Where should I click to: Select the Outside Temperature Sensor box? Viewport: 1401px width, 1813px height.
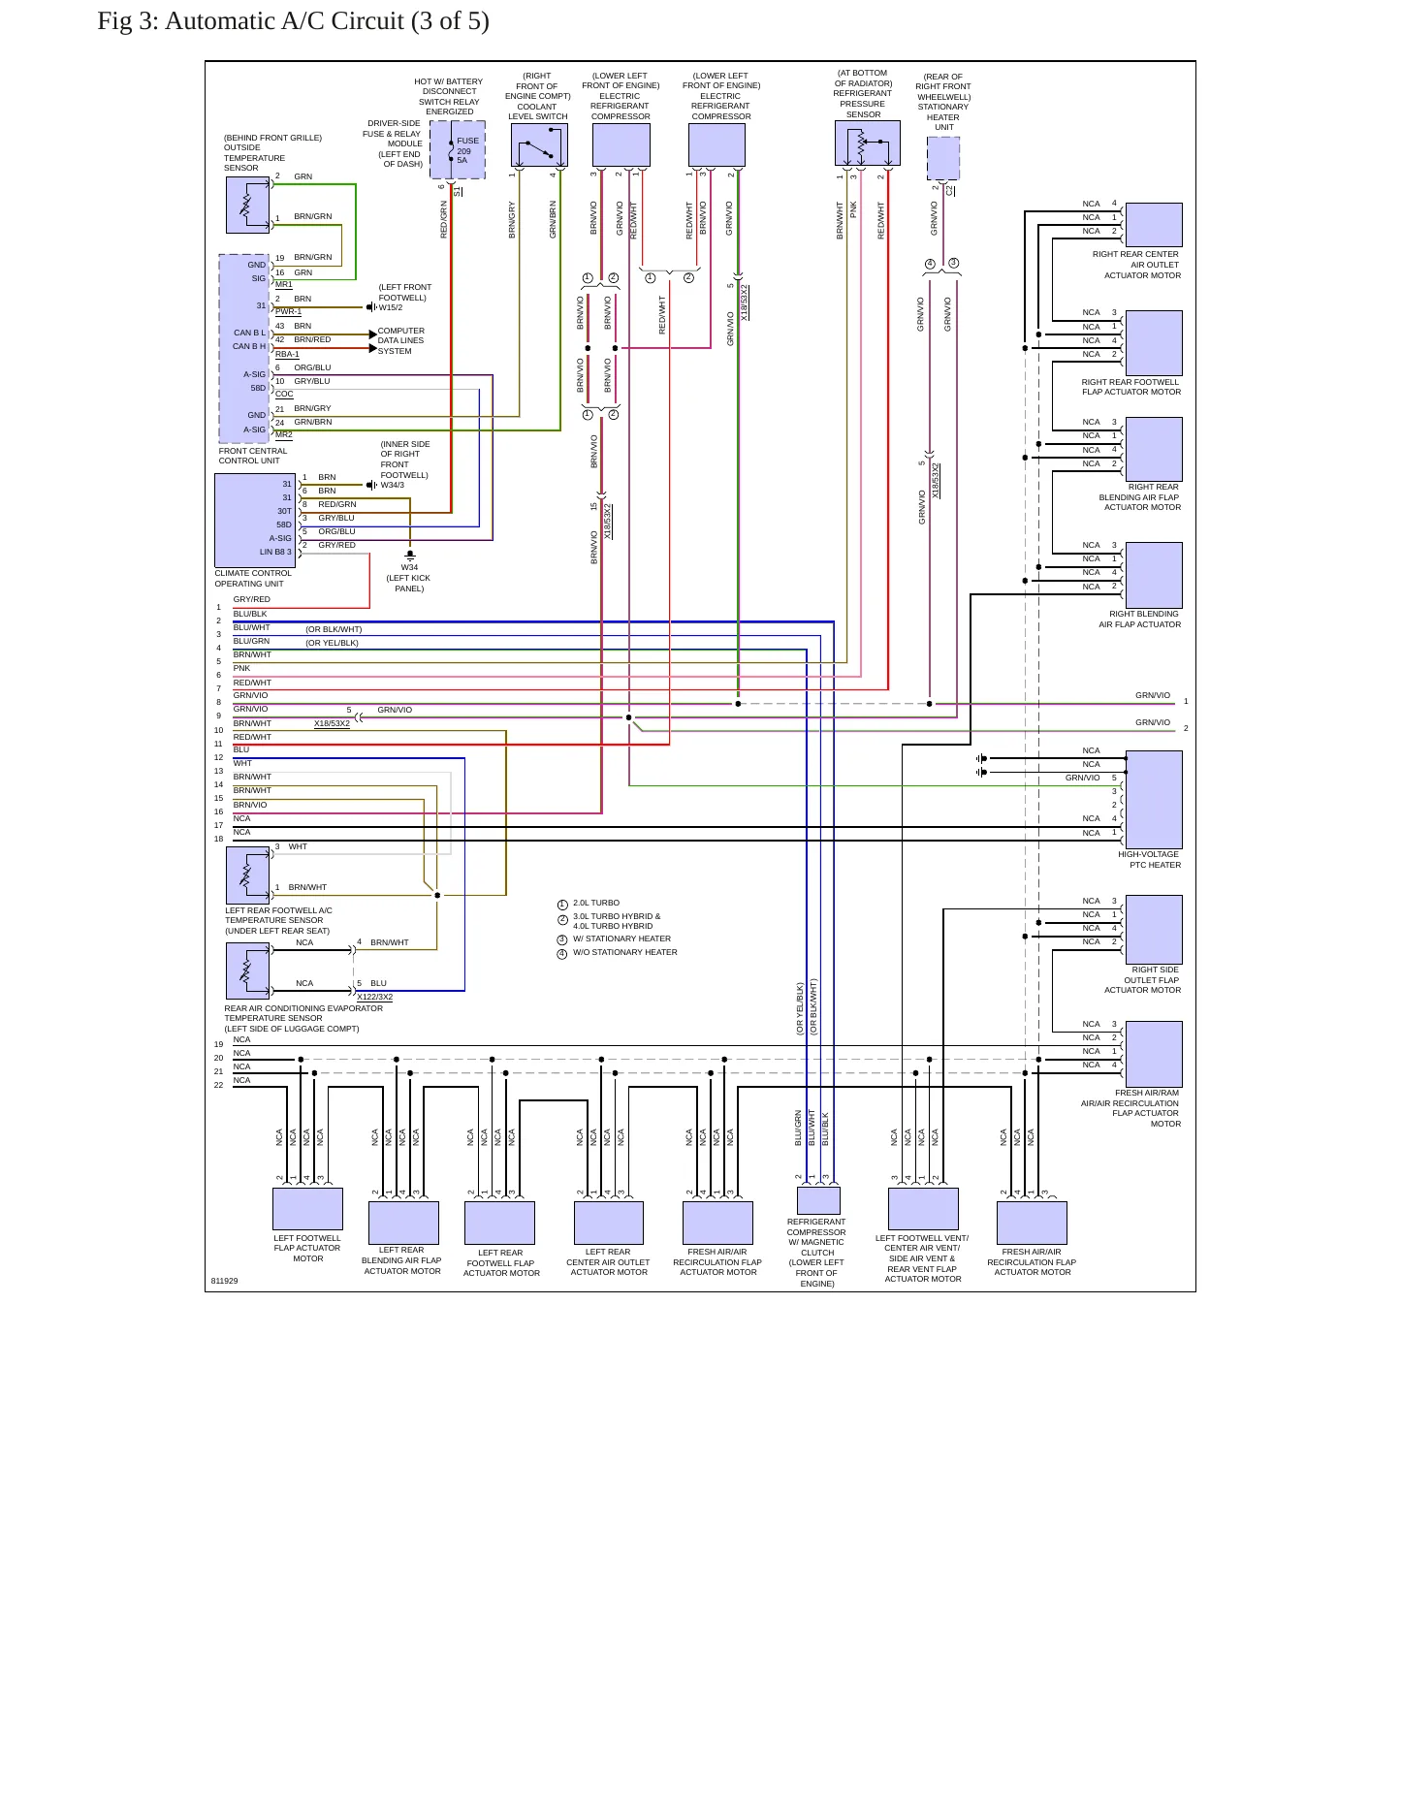tap(247, 205)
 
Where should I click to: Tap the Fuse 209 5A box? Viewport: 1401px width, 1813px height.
tap(458, 150)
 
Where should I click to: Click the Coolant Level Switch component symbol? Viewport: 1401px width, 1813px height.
tap(539, 145)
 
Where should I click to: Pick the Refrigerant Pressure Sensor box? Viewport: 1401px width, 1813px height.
tap(867, 143)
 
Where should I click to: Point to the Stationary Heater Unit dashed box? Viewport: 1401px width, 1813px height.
tap(943, 158)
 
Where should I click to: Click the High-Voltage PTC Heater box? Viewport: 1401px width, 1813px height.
tap(1154, 800)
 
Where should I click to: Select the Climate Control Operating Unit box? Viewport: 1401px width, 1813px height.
tap(255, 520)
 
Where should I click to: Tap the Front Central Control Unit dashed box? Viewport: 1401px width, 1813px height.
tap(244, 349)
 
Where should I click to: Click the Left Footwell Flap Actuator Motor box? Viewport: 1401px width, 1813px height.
tap(307, 1208)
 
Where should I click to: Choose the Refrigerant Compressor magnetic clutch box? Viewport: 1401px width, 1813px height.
tap(818, 1200)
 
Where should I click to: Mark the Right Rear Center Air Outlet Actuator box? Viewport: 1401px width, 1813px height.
tap(1154, 225)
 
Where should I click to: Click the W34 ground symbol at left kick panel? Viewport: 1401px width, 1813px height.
tap(410, 557)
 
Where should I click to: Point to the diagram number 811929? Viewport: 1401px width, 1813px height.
tap(224, 1281)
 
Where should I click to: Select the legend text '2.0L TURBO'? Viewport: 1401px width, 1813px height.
tap(596, 903)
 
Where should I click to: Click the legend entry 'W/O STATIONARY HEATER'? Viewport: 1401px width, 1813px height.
tap(625, 952)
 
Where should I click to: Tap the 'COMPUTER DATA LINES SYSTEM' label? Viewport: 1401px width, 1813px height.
tap(401, 340)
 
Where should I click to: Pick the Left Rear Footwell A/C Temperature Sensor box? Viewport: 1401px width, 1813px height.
tap(248, 875)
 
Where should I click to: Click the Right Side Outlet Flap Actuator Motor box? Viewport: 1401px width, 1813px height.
tap(1154, 930)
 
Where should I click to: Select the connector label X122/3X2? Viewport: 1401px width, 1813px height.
tap(375, 997)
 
